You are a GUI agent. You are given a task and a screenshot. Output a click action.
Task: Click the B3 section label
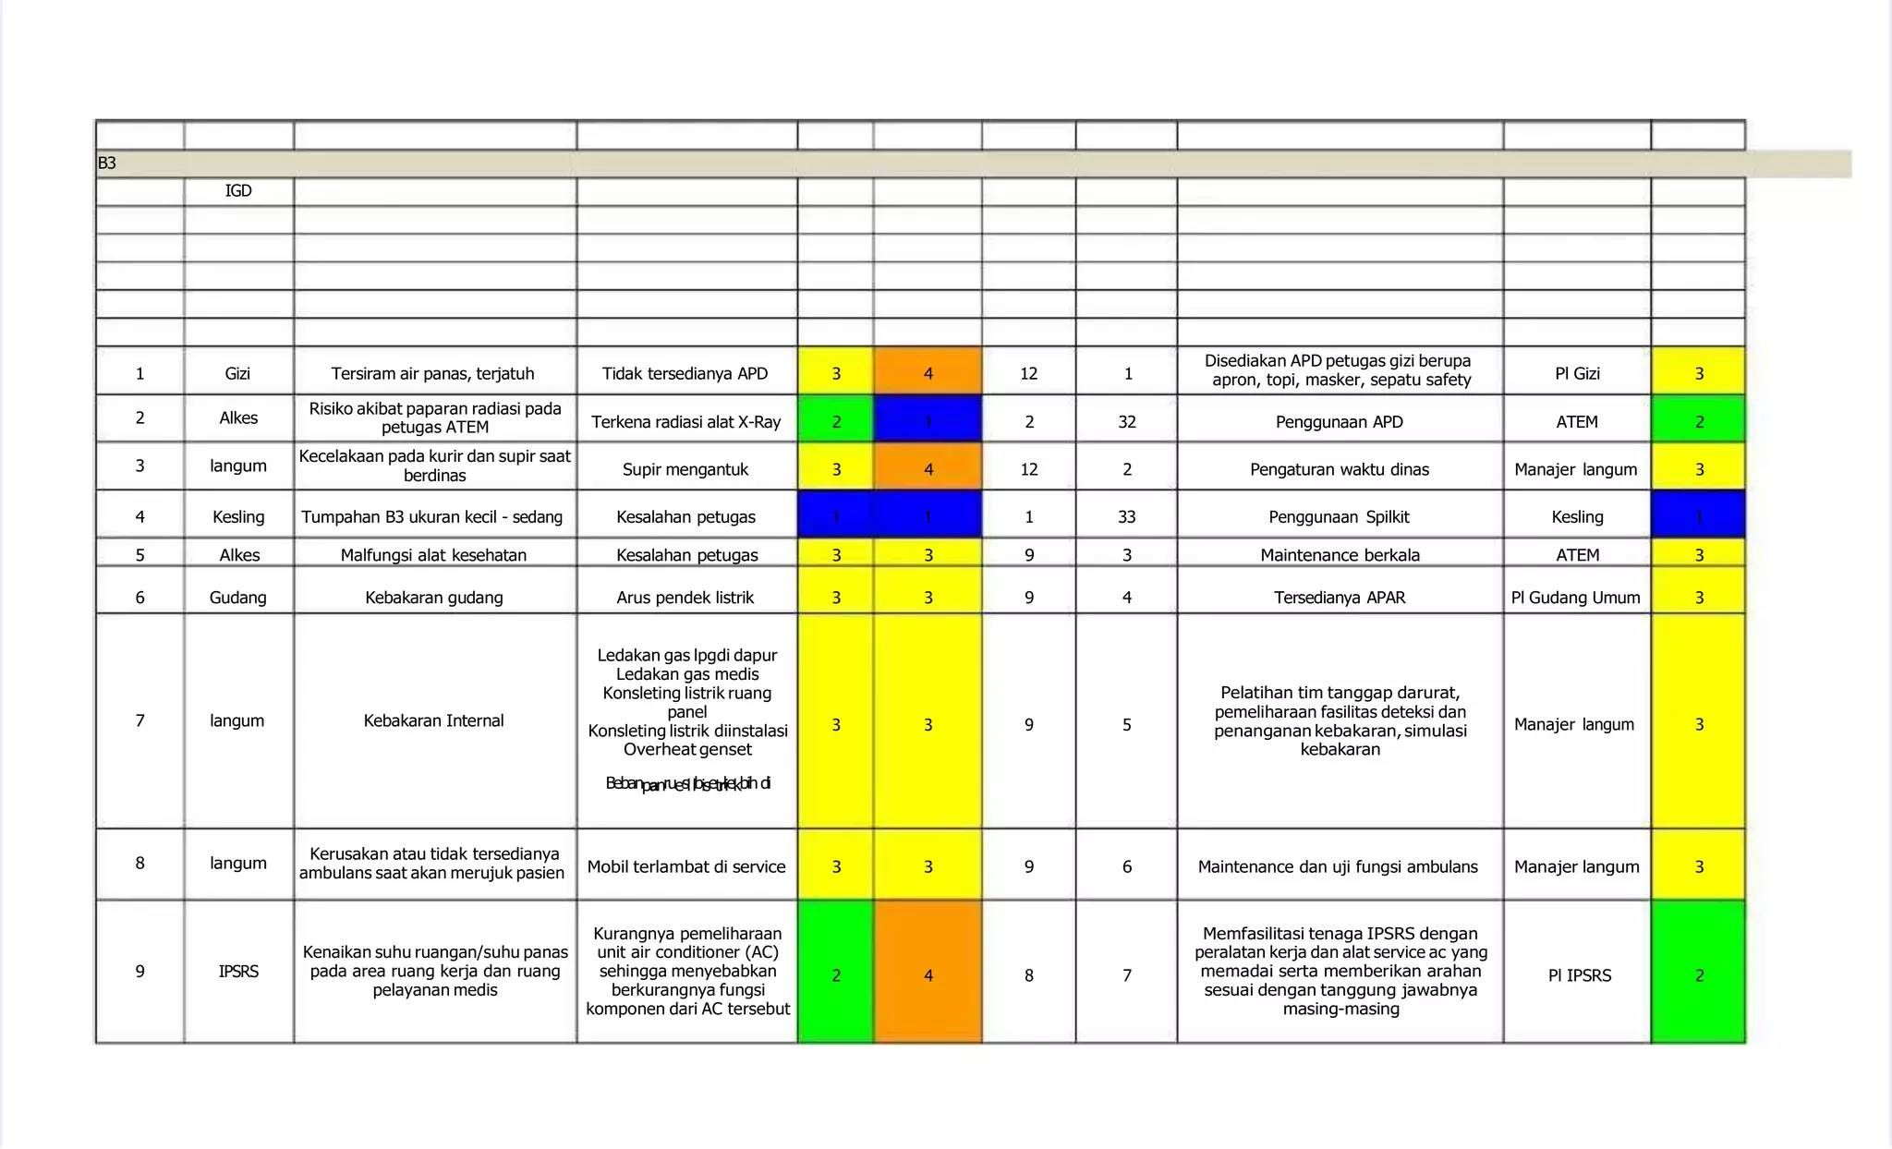[x=107, y=163]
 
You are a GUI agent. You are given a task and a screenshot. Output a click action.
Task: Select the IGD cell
[x=238, y=191]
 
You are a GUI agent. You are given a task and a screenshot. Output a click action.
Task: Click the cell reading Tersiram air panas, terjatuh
[x=433, y=373]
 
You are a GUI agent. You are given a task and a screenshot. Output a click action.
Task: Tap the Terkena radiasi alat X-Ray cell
[x=686, y=422]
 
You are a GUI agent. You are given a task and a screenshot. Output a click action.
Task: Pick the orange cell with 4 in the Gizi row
[x=928, y=373]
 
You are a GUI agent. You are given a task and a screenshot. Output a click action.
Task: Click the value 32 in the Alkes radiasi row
[x=1126, y=422]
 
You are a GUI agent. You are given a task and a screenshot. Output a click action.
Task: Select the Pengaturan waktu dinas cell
[x=1339, y=469]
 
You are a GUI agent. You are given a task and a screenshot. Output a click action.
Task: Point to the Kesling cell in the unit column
[x=238, y=517]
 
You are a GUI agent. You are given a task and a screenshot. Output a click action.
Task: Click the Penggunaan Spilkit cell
[x=1339, y=517]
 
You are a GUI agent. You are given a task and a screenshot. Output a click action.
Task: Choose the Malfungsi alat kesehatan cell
[x=433, y=555]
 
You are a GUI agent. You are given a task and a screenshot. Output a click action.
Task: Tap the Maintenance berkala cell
[x=1340, y=555]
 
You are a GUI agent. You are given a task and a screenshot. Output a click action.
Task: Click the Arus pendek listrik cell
[x=685, y=598]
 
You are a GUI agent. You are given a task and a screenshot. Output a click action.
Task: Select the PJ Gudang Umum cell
[x=1576, y=598]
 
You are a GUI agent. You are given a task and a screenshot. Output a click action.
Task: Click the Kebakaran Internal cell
[x=433, y=720]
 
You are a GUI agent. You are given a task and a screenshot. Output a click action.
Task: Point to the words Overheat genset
[x=687, y=750]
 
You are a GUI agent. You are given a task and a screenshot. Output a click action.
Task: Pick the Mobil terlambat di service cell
[x=686, y=866]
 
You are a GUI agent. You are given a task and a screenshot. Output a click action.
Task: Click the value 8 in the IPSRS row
[x=1028, y=975]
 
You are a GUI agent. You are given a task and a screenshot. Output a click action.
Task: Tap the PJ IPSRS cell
[x=1579, y=975]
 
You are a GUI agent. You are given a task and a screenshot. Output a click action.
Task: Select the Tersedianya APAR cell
[x=1340, y=598]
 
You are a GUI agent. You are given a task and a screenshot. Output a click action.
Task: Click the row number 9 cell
[x=139, y=972]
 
